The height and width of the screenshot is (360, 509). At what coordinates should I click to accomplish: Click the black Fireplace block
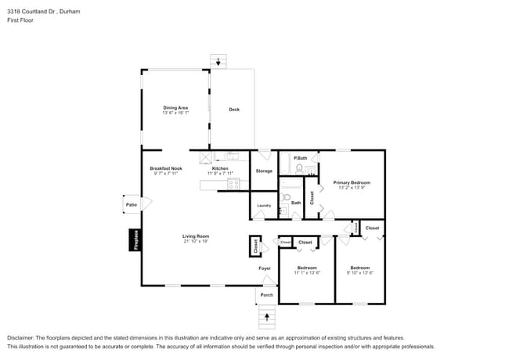(x=135, y=239)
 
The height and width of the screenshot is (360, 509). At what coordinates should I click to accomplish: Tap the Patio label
(x=131, y=205)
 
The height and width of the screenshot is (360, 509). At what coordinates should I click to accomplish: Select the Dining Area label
(x=175, y=107)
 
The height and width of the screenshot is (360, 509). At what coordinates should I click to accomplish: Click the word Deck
(x=233, y=110)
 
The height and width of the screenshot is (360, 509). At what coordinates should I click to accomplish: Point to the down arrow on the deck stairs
(x=218, y=61)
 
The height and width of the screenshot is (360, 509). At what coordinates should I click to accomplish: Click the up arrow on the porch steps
(x=268, y=317)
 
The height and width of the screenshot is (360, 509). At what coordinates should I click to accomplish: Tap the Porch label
(x=266, y=295)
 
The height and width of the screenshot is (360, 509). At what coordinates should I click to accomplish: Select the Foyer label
(x=265, y=268)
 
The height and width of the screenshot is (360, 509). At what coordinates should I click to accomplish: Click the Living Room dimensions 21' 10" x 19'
(x=195, y=241)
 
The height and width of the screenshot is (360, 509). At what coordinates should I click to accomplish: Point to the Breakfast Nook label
(x=166, y=168)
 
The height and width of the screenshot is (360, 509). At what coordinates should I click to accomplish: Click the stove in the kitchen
(x=233, y=185)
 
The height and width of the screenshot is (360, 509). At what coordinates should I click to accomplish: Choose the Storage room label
(x=264, y=171)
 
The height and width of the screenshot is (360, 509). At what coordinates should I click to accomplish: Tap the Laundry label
(x=264, y=205)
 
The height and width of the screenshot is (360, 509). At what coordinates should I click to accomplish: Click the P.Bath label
(x=300, y=159)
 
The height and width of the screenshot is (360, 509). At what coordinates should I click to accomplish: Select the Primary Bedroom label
(x=351, y=182)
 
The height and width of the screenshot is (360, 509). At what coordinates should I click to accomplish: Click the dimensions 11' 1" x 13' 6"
(x=306, y=272)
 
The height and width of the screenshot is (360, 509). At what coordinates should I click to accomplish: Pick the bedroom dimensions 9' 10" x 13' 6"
(x=360, y=272)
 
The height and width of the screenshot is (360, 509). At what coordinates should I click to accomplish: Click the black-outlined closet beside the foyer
(x=255, y=246)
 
